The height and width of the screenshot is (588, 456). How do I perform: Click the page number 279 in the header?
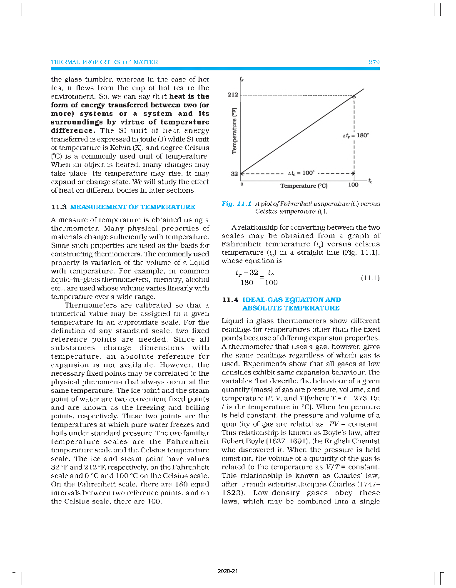374,62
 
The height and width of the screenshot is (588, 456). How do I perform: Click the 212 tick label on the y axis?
233,94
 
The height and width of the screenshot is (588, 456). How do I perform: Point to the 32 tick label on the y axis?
234,174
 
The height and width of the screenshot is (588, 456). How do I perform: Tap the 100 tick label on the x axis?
353,184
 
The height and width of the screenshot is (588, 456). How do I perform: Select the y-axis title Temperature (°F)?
234,131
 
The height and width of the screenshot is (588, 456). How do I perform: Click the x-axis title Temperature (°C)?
304,186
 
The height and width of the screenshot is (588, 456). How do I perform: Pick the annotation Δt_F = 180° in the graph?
356,135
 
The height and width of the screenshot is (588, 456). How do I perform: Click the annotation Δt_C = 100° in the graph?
301,173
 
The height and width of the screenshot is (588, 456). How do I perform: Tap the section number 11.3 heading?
59,207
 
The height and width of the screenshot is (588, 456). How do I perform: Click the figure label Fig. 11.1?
236,203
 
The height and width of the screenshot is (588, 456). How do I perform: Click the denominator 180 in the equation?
247,283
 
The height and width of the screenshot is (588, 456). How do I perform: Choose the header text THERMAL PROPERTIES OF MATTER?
104,62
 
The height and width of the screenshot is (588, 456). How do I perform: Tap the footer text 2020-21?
227,571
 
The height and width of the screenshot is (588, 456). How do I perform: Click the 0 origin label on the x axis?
242,184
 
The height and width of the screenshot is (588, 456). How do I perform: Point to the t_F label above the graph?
242,79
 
